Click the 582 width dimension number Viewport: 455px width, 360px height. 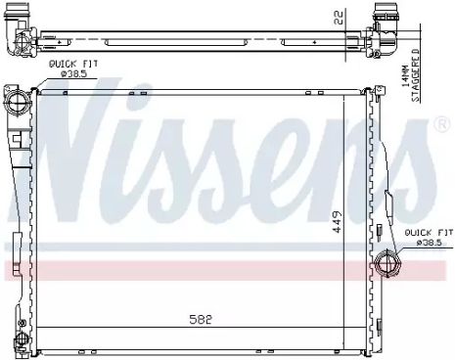pos(201,319)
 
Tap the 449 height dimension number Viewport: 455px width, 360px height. pos(338,222)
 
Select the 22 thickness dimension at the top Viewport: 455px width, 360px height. pos(339,18)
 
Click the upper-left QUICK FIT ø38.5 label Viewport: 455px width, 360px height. pos(73,68)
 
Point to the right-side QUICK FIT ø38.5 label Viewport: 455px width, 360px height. pos(429,238)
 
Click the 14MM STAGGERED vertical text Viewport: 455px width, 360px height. pos(410,75)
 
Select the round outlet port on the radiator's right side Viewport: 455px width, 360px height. pos(387,263)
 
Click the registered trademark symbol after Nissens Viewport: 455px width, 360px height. pos(442,124)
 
